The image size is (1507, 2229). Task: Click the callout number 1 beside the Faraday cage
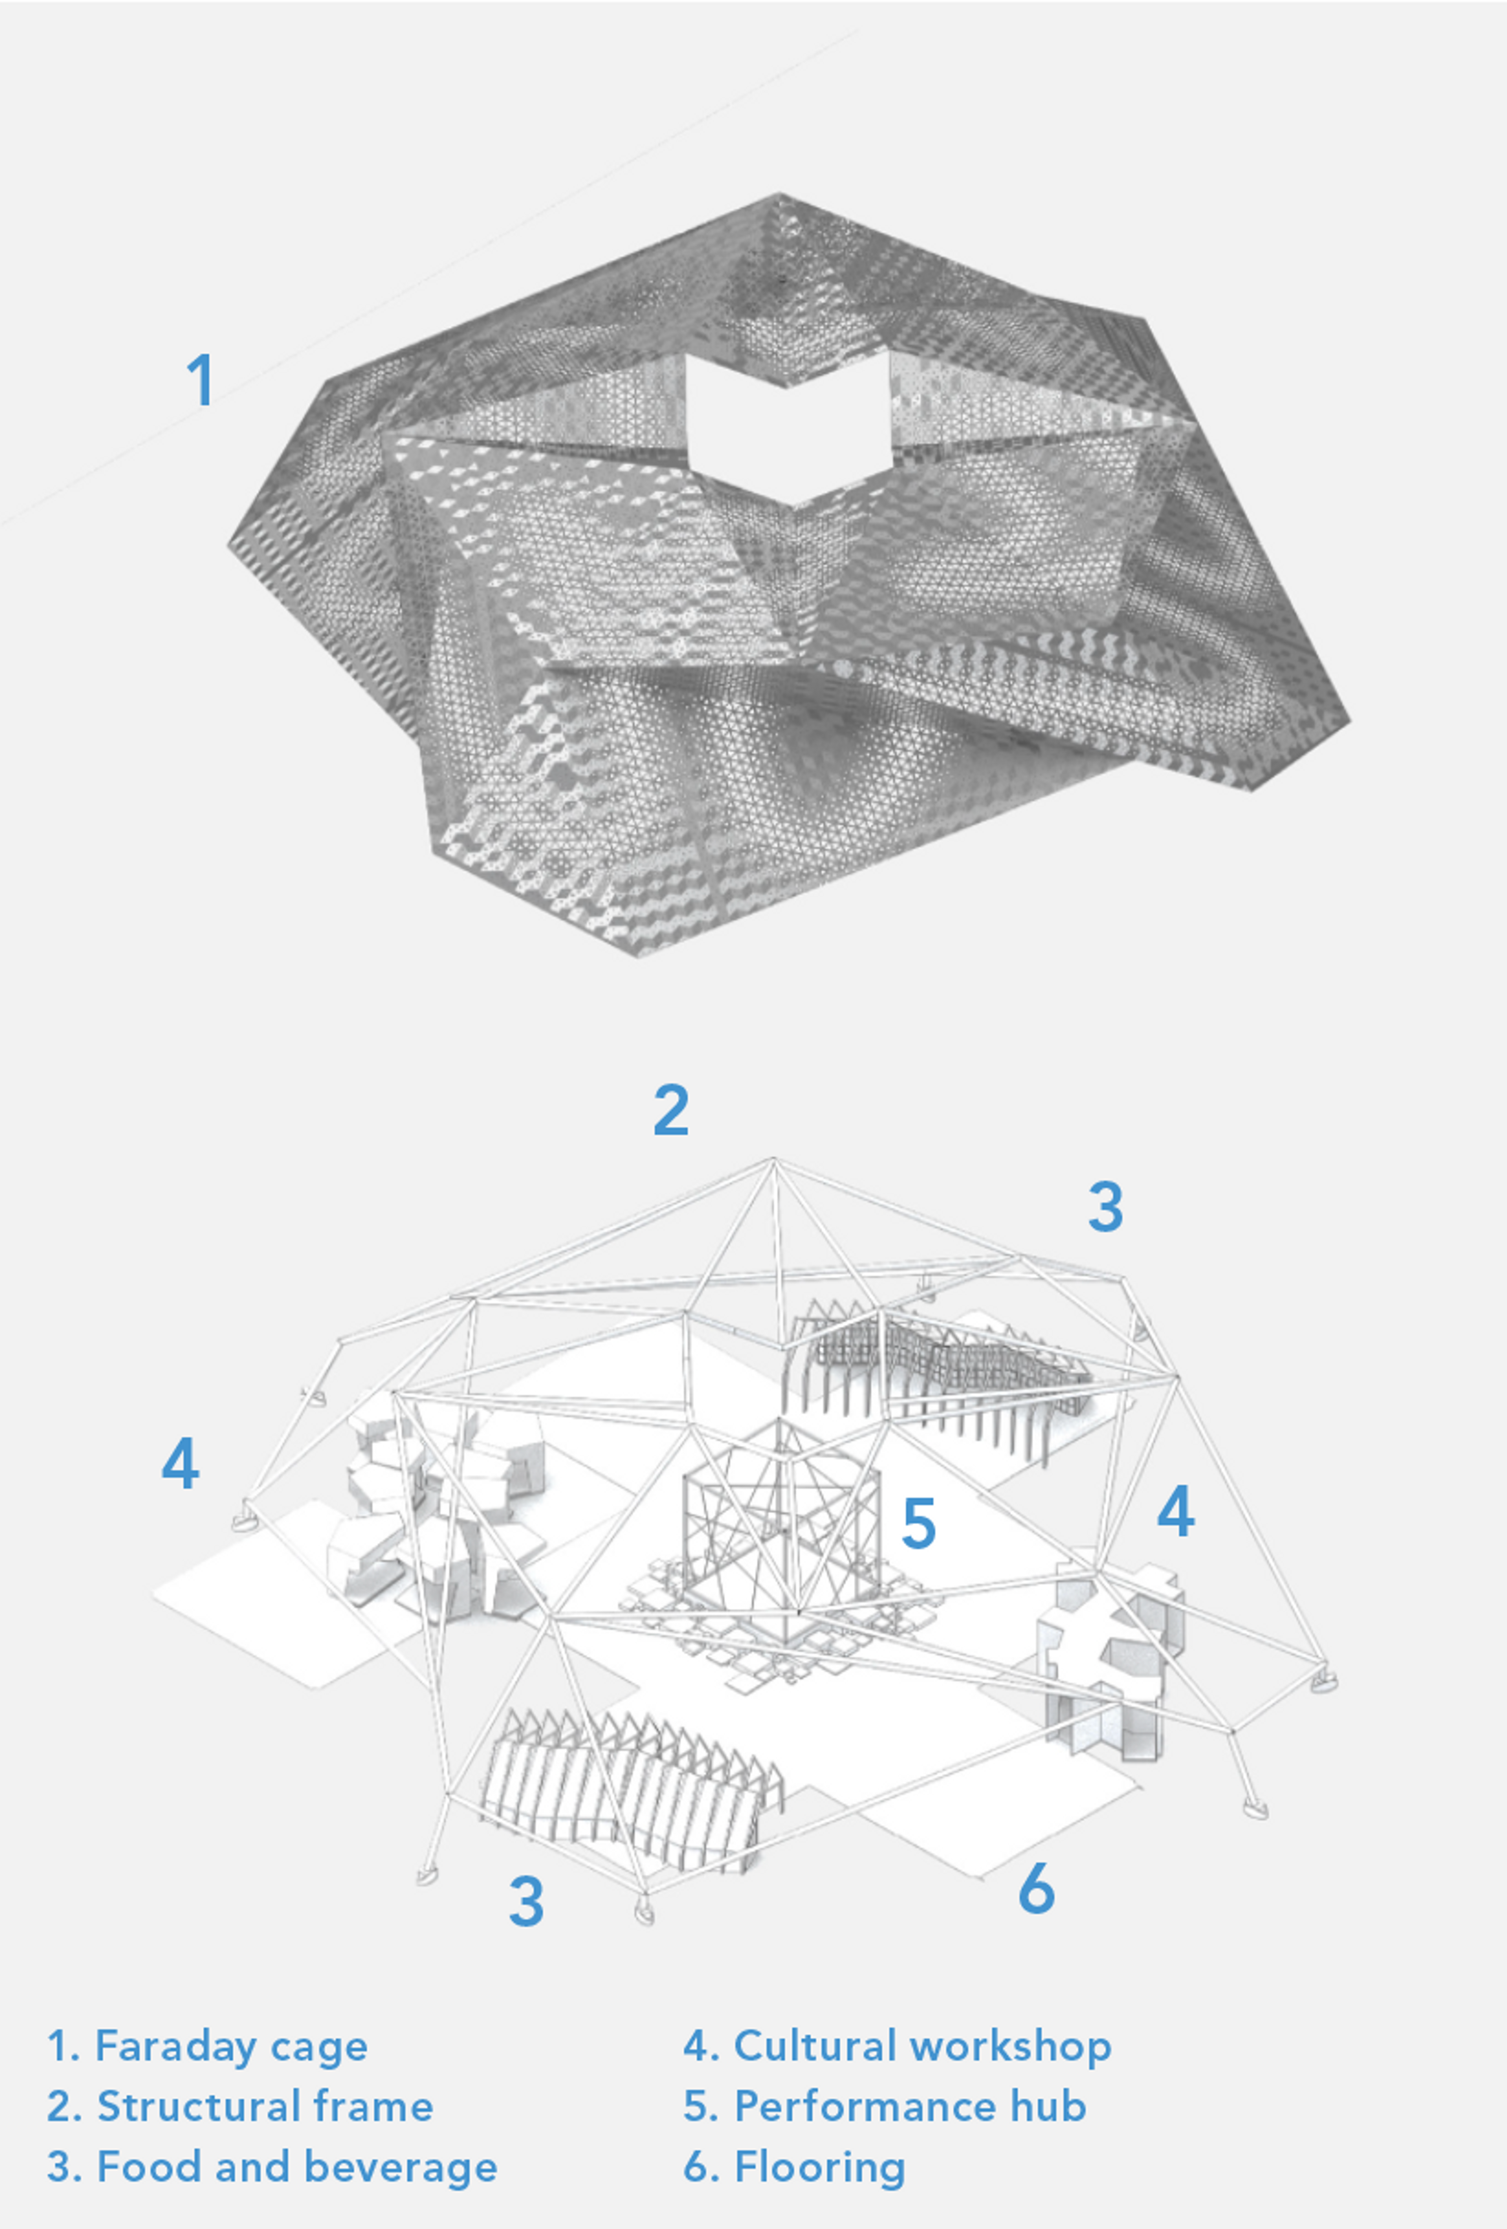(x=199, y=380)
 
